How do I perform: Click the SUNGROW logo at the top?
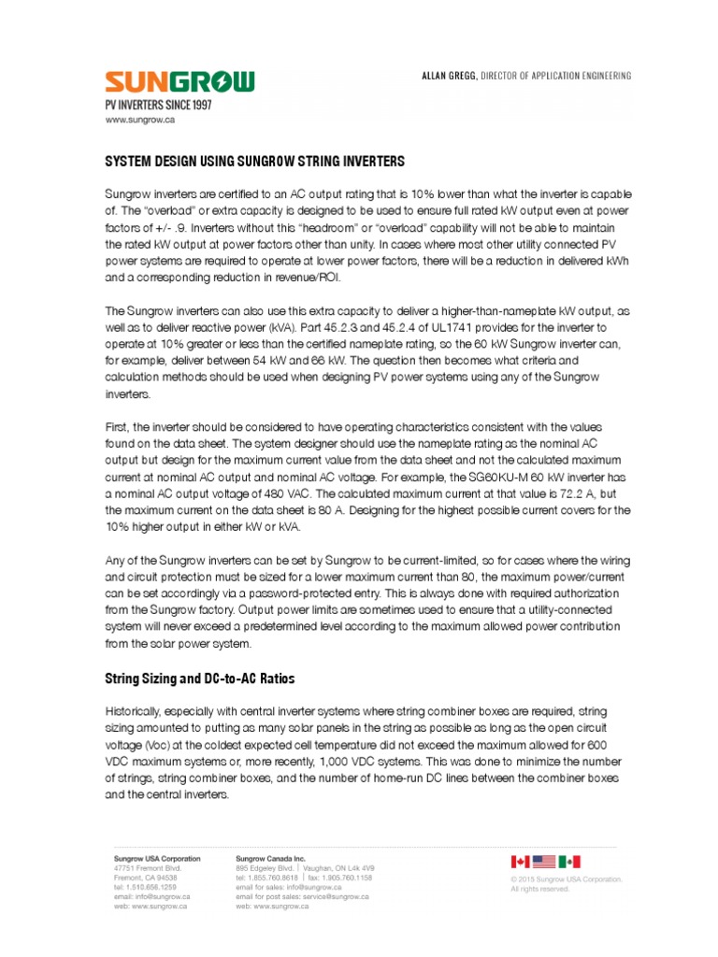click(x=179, y=83)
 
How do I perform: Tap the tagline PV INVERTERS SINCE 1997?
click(x=157, y=106)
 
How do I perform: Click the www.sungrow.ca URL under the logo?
click(x=140, y=121)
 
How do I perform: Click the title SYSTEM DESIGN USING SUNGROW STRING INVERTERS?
click(x=254, y=162)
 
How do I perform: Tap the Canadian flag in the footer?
click(x=520, y=861)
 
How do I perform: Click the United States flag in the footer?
click(x=545, y=861)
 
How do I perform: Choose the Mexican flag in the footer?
click(x=570, y=861)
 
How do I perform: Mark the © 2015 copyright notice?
click(x=566, y=879)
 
